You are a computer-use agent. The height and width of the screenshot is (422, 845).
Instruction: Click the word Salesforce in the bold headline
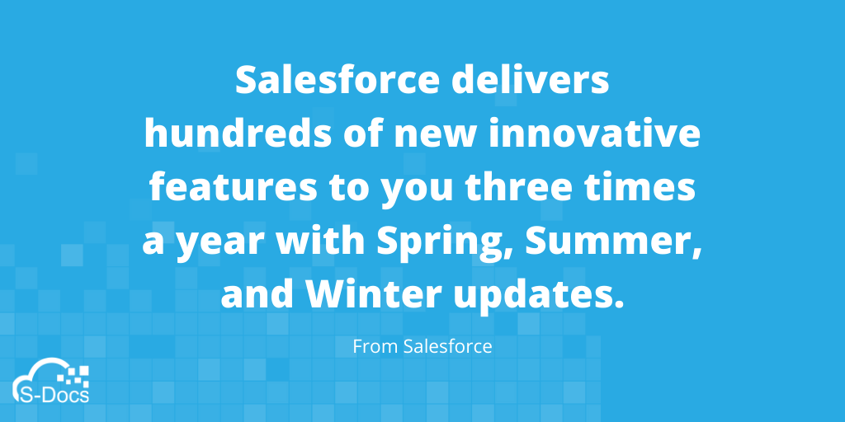(338, 80)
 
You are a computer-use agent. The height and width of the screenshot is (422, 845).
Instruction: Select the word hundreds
(238, 134)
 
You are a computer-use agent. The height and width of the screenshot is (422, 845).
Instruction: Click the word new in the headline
(436, 138)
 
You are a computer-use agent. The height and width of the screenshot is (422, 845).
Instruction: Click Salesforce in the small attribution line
(448, 346)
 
